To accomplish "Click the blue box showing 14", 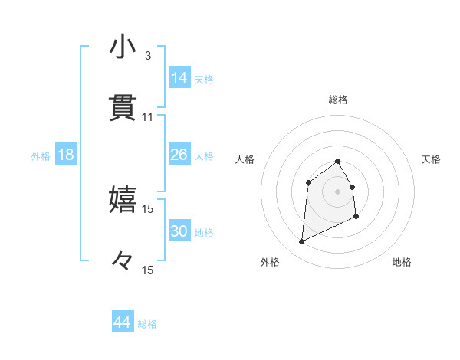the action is click(x=179, y=78).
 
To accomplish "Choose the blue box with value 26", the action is click(x=179, y=155).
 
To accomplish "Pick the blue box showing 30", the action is click(x=179, y=231).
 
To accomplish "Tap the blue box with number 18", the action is click(x=66, y=155).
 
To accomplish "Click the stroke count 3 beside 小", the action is click(x=148, y=56).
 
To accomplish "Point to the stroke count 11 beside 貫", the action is click(x=148, y=117).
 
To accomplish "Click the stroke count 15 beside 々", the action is click(x=148, y=270).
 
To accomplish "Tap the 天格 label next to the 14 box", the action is click(x=204, y=79).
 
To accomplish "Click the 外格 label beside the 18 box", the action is click(x=41, y=156).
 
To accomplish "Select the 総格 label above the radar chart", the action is click(x=338, y=100).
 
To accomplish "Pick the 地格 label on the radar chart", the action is click(x=402, y=262).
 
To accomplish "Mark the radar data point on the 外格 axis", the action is click(x=301, y=242).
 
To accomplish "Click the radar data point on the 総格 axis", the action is click(x=338, y=161).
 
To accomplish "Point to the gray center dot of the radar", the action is click(x=338, y=190).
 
